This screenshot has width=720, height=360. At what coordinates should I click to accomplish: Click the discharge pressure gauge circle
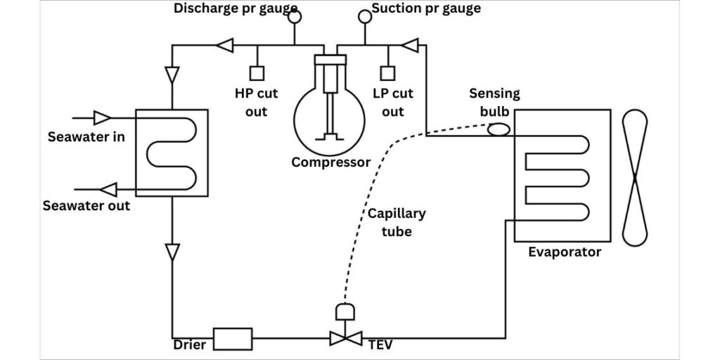pyautogui.click(x=295, y=17)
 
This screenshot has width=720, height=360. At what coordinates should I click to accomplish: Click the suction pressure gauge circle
pyautogui.click(x=365, y=17)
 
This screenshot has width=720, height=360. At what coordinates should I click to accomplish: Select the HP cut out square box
pyautogui.click(x=257, y=73)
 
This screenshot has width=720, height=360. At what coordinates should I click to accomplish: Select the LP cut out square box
pyautogui.click(x=388, y=73)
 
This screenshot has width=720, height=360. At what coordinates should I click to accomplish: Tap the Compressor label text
pyautogui.click(x=331, y=162)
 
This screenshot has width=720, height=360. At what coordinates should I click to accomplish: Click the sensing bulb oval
pyautogui.click(x=499, y=129)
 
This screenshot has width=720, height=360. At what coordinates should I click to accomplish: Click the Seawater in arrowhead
pyautogui.click(x=102, y=117)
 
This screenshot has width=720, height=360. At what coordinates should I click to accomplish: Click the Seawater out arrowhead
pyautogui.click(x=108, y=189)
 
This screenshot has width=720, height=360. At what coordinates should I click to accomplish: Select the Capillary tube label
pyautogui.click(x=397, y=223)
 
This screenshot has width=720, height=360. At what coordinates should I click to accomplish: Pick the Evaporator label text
pyautogui.click(x=565, y=252)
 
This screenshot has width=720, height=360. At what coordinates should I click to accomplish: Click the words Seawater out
pyautogui.click(x=86, y=205)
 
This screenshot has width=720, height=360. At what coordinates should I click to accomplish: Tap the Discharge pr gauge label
pyautogui.click(x=236, y=8)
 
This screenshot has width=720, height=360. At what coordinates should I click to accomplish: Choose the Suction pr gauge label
pyautogui.click(x=426, y=8)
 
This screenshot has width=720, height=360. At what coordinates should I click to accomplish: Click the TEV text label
pyautogui.click(x=380, y=345)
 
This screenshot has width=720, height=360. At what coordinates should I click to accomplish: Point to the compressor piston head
pyautogui.click(x=330, y=60)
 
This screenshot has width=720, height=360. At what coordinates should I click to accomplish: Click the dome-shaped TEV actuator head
pyautogui.click(x=345, y=311)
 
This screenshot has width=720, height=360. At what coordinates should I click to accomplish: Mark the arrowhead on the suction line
pyautogui.click(x=410, y=45)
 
